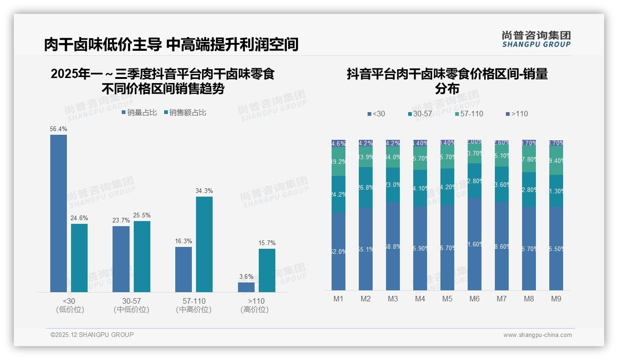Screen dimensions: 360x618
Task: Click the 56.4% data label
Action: coord(59,129)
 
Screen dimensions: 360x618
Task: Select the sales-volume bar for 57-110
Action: coord(184,269)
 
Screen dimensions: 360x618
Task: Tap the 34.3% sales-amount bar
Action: coord(204,244)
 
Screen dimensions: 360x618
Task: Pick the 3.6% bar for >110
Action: coord(246,287)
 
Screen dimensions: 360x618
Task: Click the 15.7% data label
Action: coord(267,243)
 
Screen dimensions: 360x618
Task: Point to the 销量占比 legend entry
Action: coord(139,113)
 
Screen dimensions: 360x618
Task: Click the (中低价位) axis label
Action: coord(131,310)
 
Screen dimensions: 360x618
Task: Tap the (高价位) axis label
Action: coord(255,310)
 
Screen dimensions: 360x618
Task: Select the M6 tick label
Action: coord(475,299)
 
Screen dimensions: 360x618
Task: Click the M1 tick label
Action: coord(339,299)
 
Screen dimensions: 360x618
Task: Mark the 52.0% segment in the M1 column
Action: coord(339,252)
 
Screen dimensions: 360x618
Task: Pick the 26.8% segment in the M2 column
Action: coord(366,187)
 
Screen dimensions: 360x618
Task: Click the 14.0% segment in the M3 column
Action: coord(393,157)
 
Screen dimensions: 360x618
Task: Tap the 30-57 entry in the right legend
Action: coord(420,114)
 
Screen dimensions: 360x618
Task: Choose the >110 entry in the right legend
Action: coord(517,114)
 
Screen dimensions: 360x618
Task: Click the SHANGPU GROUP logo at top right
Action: coord(536,39)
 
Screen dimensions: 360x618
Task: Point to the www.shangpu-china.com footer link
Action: coord(537,335)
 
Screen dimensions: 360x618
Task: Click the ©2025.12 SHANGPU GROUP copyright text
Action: coord(92,335)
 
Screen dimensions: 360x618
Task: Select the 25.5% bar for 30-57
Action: coord(142,257)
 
